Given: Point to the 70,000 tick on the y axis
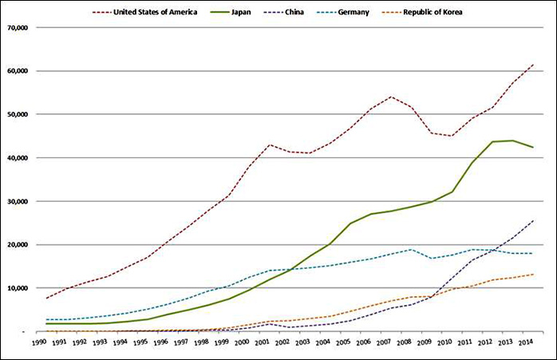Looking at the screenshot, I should [x=16, y=27].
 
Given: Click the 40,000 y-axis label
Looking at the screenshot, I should [x=16, y=158].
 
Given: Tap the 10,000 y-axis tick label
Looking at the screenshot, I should [x=16, y=288].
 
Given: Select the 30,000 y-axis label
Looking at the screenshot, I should [x=16, y=201].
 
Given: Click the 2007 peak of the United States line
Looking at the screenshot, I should [x=391, y=97].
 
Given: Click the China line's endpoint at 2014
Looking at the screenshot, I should [x=533, y=220].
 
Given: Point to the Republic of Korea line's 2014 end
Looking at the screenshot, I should [x=533, y=275].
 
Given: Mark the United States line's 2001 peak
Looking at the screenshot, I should [x=270, y=144].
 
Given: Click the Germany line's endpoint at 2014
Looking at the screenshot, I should [x=533, y=253].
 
